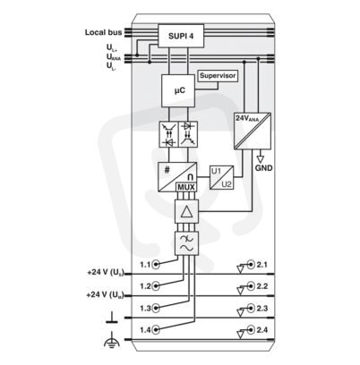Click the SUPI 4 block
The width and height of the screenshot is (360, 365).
[x=181, y=36]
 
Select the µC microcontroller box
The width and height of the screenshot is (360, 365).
[x=178, y=90]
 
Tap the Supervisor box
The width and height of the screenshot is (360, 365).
[x=218, y=76]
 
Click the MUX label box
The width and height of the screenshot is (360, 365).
[x=186, y=187]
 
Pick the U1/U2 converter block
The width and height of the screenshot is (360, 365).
[x=221, y=177]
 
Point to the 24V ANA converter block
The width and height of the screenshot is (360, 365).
[x=253, y=131]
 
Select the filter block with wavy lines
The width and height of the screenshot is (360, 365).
[x=186, y=243]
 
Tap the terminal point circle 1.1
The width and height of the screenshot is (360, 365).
[x=156, y=264]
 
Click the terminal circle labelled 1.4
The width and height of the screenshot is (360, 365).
[x=156, y=330]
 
